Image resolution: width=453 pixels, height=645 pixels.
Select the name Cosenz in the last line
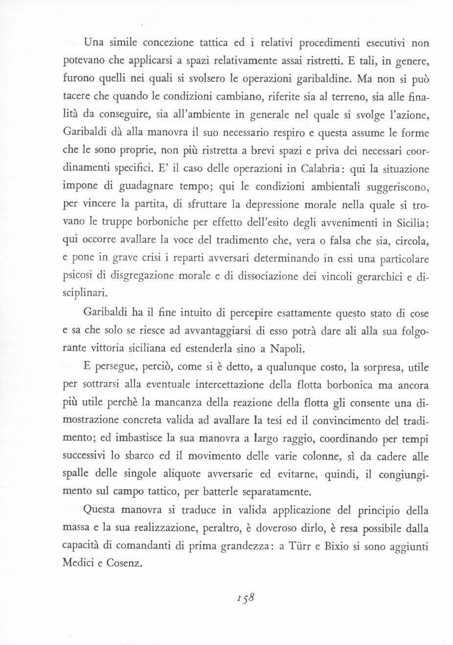coord(123,562)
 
